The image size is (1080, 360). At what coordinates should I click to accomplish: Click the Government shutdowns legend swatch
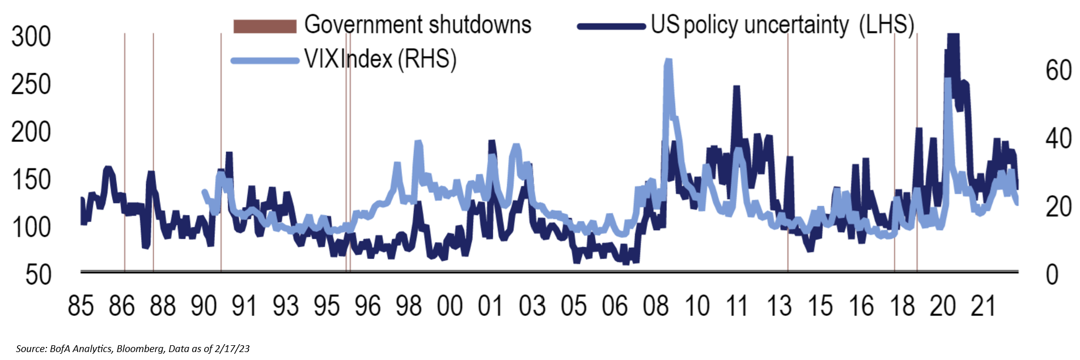pyautogui.click(x=265, y=26)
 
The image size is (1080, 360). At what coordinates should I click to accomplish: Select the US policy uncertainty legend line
pyautogui.click(x=611, y=26)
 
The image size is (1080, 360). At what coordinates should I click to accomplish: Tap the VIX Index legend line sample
pyautogui.click(x=265, y=60)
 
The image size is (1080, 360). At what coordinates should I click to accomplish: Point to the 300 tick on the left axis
pyautogui.click(x=31, y=37)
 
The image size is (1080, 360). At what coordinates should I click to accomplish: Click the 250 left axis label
pyautogui.click(x=31, y=85)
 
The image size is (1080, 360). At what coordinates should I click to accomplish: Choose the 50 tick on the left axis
pyautogui.click(x=39, y=275)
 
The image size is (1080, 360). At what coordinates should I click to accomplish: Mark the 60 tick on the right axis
pyautogui.click(x=1058, y=71)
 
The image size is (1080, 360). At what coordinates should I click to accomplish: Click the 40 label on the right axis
pyautogui.click(x=1058, y=139)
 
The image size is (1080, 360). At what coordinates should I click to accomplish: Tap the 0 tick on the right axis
pyautogui.click(x=1052, y=275)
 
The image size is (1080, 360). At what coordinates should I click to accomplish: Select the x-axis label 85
pyautogui.click(x=81, y=306)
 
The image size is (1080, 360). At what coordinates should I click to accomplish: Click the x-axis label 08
pyautogui.click(x=656, y=306)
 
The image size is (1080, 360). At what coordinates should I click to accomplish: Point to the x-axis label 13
pyautogui.click(x=779, y=306)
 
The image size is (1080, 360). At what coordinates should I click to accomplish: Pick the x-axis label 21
pyautogui.click(x=984, y=306)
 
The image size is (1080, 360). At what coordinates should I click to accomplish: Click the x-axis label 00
pyautogui.click(x=450, y=306)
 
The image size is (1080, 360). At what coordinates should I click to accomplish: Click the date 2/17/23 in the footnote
pyautogui.click(x=233, y=349)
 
